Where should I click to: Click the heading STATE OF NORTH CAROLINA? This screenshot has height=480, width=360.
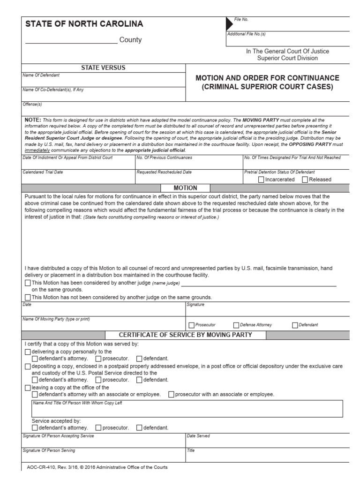point(84,24)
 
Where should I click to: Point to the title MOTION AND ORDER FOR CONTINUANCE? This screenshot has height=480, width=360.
point(267,78)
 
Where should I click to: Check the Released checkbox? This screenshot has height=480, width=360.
point(305,180)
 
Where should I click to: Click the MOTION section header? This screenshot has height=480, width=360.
point(185,187)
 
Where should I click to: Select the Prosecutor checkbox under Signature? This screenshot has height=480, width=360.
point(191,325)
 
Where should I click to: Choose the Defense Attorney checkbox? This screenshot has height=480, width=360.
point(236,325)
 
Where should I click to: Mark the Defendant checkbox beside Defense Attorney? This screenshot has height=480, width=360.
point(294,325)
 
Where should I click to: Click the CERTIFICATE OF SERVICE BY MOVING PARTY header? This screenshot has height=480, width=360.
point(186,335)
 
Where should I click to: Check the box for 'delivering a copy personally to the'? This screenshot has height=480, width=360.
point(27,352)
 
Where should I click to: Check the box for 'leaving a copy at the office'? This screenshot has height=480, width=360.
point(27,388)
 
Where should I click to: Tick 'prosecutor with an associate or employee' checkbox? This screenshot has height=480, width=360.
point(171,394)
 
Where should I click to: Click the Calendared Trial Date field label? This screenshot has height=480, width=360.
point(43,172)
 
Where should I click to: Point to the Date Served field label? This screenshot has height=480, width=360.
point(198,436)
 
